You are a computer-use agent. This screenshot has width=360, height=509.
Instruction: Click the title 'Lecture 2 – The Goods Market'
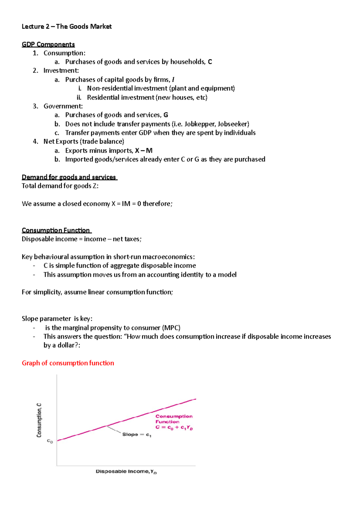tap(67, 26)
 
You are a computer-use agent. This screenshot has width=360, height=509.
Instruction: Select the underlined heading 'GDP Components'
tap(48, 44)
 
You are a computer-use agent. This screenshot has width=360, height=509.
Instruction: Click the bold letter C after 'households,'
tap(210, 62)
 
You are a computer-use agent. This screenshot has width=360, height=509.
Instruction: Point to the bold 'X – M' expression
tap(144, 150)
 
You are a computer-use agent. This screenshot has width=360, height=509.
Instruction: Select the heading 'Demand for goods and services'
tap(69, 177)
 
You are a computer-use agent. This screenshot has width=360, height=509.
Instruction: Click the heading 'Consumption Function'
tap(56, 230)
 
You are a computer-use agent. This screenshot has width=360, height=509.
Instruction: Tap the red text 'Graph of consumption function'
tap(68, 363)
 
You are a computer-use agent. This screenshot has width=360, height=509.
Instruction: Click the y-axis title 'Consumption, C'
tap(39, 420)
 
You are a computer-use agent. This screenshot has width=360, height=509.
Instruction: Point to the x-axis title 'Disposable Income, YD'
tap(126, 472)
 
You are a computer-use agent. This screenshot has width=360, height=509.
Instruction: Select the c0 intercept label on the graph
tap(50, 441)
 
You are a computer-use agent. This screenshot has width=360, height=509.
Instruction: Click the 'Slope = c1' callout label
tap(137, 434)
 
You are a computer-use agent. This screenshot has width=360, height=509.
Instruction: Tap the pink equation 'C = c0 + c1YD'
tap(174, 427)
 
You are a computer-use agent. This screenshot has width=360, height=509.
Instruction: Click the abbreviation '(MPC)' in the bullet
tap(171, 328)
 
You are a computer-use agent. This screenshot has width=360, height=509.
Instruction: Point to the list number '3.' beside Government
tap(35, 106)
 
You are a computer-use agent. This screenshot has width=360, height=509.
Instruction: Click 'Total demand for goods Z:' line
tap(60, 186)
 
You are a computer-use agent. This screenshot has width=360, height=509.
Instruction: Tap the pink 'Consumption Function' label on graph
tap(174, 419)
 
